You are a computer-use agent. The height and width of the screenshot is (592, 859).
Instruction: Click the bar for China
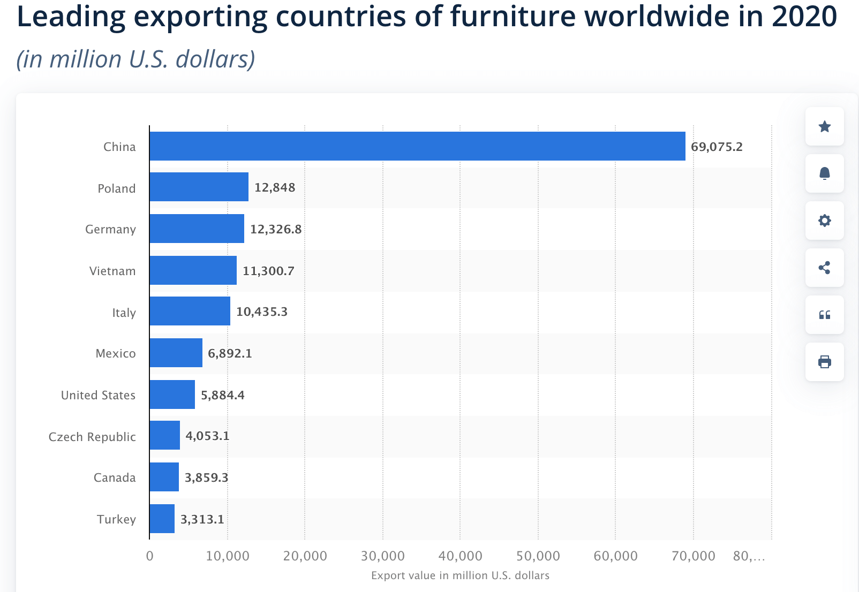point(417,146)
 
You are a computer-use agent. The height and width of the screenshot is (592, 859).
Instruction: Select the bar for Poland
point(199,187)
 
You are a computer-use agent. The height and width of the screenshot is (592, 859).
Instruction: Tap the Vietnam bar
point(193,270)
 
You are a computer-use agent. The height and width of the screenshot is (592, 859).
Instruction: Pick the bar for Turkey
point(162,519)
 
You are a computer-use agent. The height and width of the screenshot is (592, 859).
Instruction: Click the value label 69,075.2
point(717,147)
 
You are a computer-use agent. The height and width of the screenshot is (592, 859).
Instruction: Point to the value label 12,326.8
point(276,229)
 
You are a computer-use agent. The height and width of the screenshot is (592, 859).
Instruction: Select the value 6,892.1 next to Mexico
point(230,353)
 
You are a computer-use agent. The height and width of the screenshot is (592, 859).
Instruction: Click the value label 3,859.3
point(206,477)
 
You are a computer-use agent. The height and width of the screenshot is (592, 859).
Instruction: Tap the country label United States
point(98,395)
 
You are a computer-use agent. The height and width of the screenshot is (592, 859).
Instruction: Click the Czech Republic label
point(92,437)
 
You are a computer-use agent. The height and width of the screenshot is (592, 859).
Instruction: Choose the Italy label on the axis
point(124,313)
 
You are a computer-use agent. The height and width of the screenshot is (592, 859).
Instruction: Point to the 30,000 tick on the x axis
point(382,556)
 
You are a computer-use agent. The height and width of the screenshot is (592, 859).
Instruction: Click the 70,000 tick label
point(693,556)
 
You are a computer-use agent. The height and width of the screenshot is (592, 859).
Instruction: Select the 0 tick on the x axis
point(149,556)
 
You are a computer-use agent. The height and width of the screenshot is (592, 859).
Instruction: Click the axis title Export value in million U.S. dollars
point(460,575)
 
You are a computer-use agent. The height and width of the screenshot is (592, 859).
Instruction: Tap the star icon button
point(824,126)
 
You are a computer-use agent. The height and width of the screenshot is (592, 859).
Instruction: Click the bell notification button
point(824,173)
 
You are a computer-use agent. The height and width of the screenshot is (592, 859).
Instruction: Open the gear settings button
point(824,221)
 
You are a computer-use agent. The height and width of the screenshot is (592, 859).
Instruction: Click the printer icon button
point(824,362)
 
